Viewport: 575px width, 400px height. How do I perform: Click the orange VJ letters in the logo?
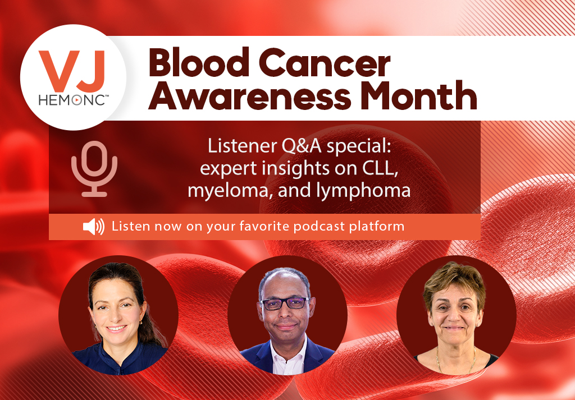point(72,71)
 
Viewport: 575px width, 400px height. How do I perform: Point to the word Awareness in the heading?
point(249,95)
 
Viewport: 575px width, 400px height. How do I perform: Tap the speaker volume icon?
point(94,227)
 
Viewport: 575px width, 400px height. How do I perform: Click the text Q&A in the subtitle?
point(302,146)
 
